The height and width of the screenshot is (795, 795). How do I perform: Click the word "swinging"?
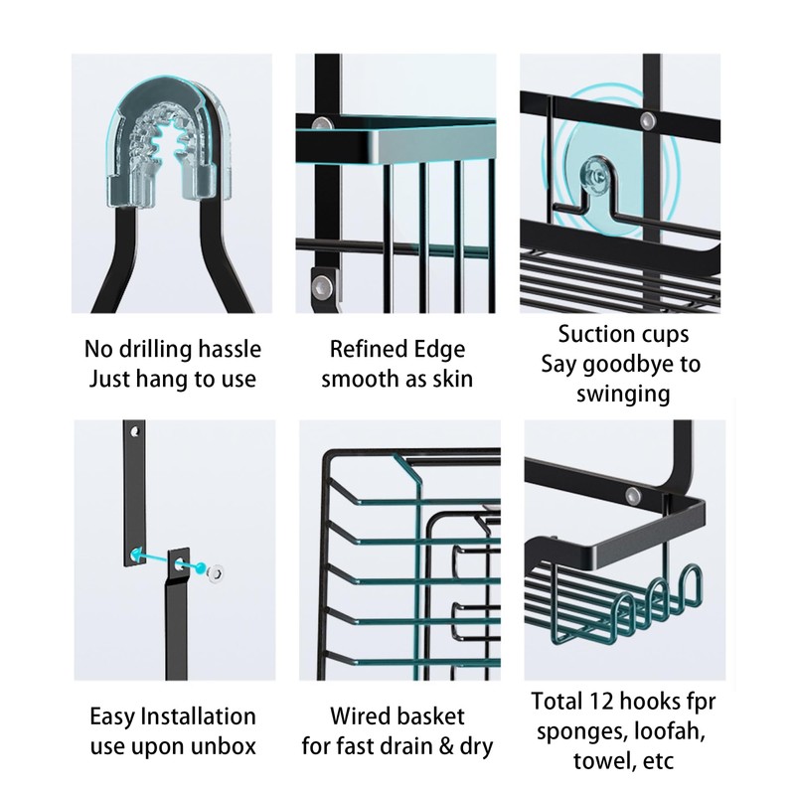(x=623, y=394)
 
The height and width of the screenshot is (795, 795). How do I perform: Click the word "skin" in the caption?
(x=449, y=379)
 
